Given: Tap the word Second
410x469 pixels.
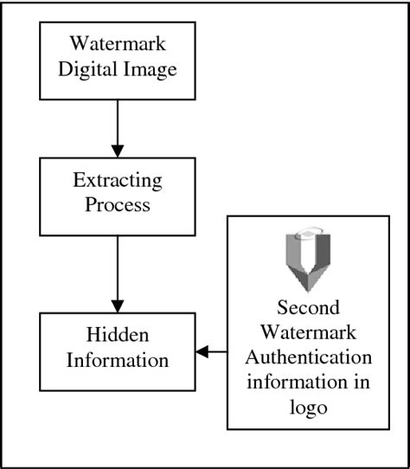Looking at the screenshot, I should coord(308,308).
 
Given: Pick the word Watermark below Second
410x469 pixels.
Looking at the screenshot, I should coord(308,331).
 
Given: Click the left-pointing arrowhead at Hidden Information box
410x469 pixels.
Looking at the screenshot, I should coord(202,351).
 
